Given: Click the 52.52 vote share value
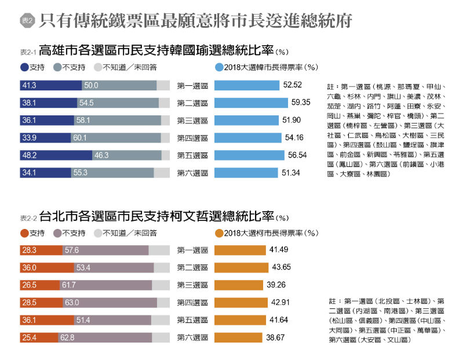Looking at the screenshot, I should click(x=293, y=86).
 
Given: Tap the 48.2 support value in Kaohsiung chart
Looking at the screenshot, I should click(x=30, y=155).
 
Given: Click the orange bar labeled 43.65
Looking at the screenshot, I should click(x=241, y=268).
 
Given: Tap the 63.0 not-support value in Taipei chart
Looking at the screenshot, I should click(x=72, y=303).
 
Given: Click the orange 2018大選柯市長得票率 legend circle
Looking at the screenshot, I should click(x=219, y=233).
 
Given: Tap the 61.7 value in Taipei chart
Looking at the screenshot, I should click(x=69, y=285).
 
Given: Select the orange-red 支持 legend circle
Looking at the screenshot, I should click(x=24, y=233).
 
